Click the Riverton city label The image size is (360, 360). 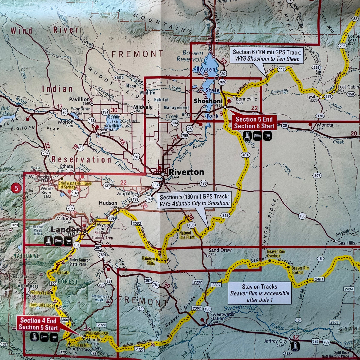coord(186,172)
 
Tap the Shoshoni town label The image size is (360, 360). coord(208,101)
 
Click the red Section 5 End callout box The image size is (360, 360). coord(254,123)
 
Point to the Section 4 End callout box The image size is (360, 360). coord(38,324)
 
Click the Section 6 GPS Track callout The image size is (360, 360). coord(267,55)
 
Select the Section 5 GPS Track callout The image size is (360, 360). coord(194,200)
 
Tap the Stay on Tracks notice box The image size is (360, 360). coord(259,293)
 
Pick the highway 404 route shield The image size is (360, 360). coord(245,154)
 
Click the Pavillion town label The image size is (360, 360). coord(79,99)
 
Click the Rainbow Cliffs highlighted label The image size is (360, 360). coord(148,261)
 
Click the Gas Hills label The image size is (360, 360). coord(346,243)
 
